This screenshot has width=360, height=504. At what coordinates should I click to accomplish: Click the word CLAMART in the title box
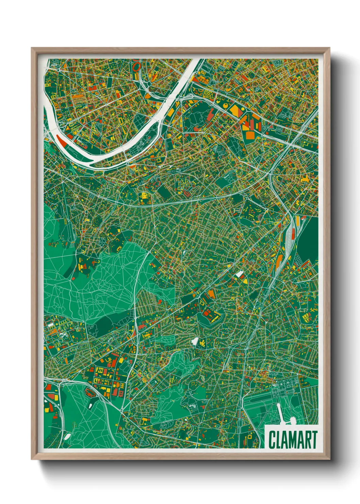(293, 440)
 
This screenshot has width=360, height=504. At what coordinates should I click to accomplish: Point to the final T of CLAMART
(314, 440)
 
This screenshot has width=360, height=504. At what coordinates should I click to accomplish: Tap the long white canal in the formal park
(281, 412)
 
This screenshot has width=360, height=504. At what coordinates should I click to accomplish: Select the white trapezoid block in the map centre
(240, 274)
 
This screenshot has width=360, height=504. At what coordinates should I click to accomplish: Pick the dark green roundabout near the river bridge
(149, 83)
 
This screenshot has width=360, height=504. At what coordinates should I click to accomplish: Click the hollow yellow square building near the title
(249, 437)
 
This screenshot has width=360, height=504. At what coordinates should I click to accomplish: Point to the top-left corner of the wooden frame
(32, 48)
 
